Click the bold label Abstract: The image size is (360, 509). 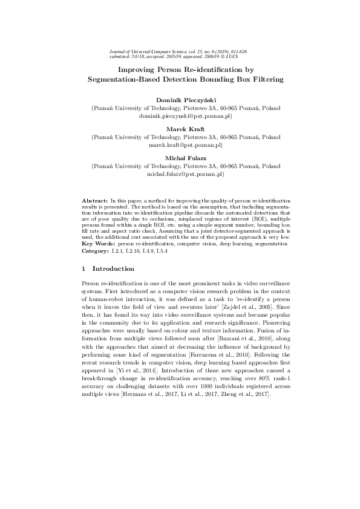pos(95,199)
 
